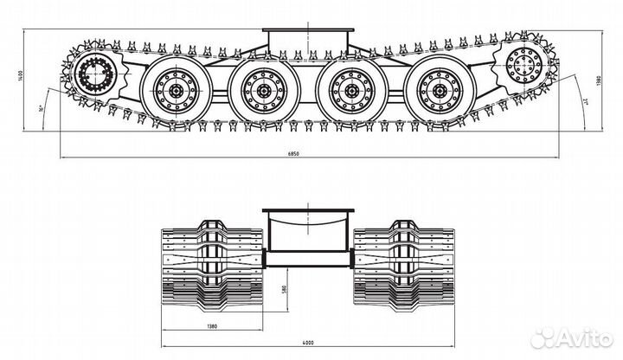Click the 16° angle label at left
point(42,111)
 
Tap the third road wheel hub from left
point(350,88)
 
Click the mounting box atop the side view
point(308,40)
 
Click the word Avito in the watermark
point(586,336)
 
